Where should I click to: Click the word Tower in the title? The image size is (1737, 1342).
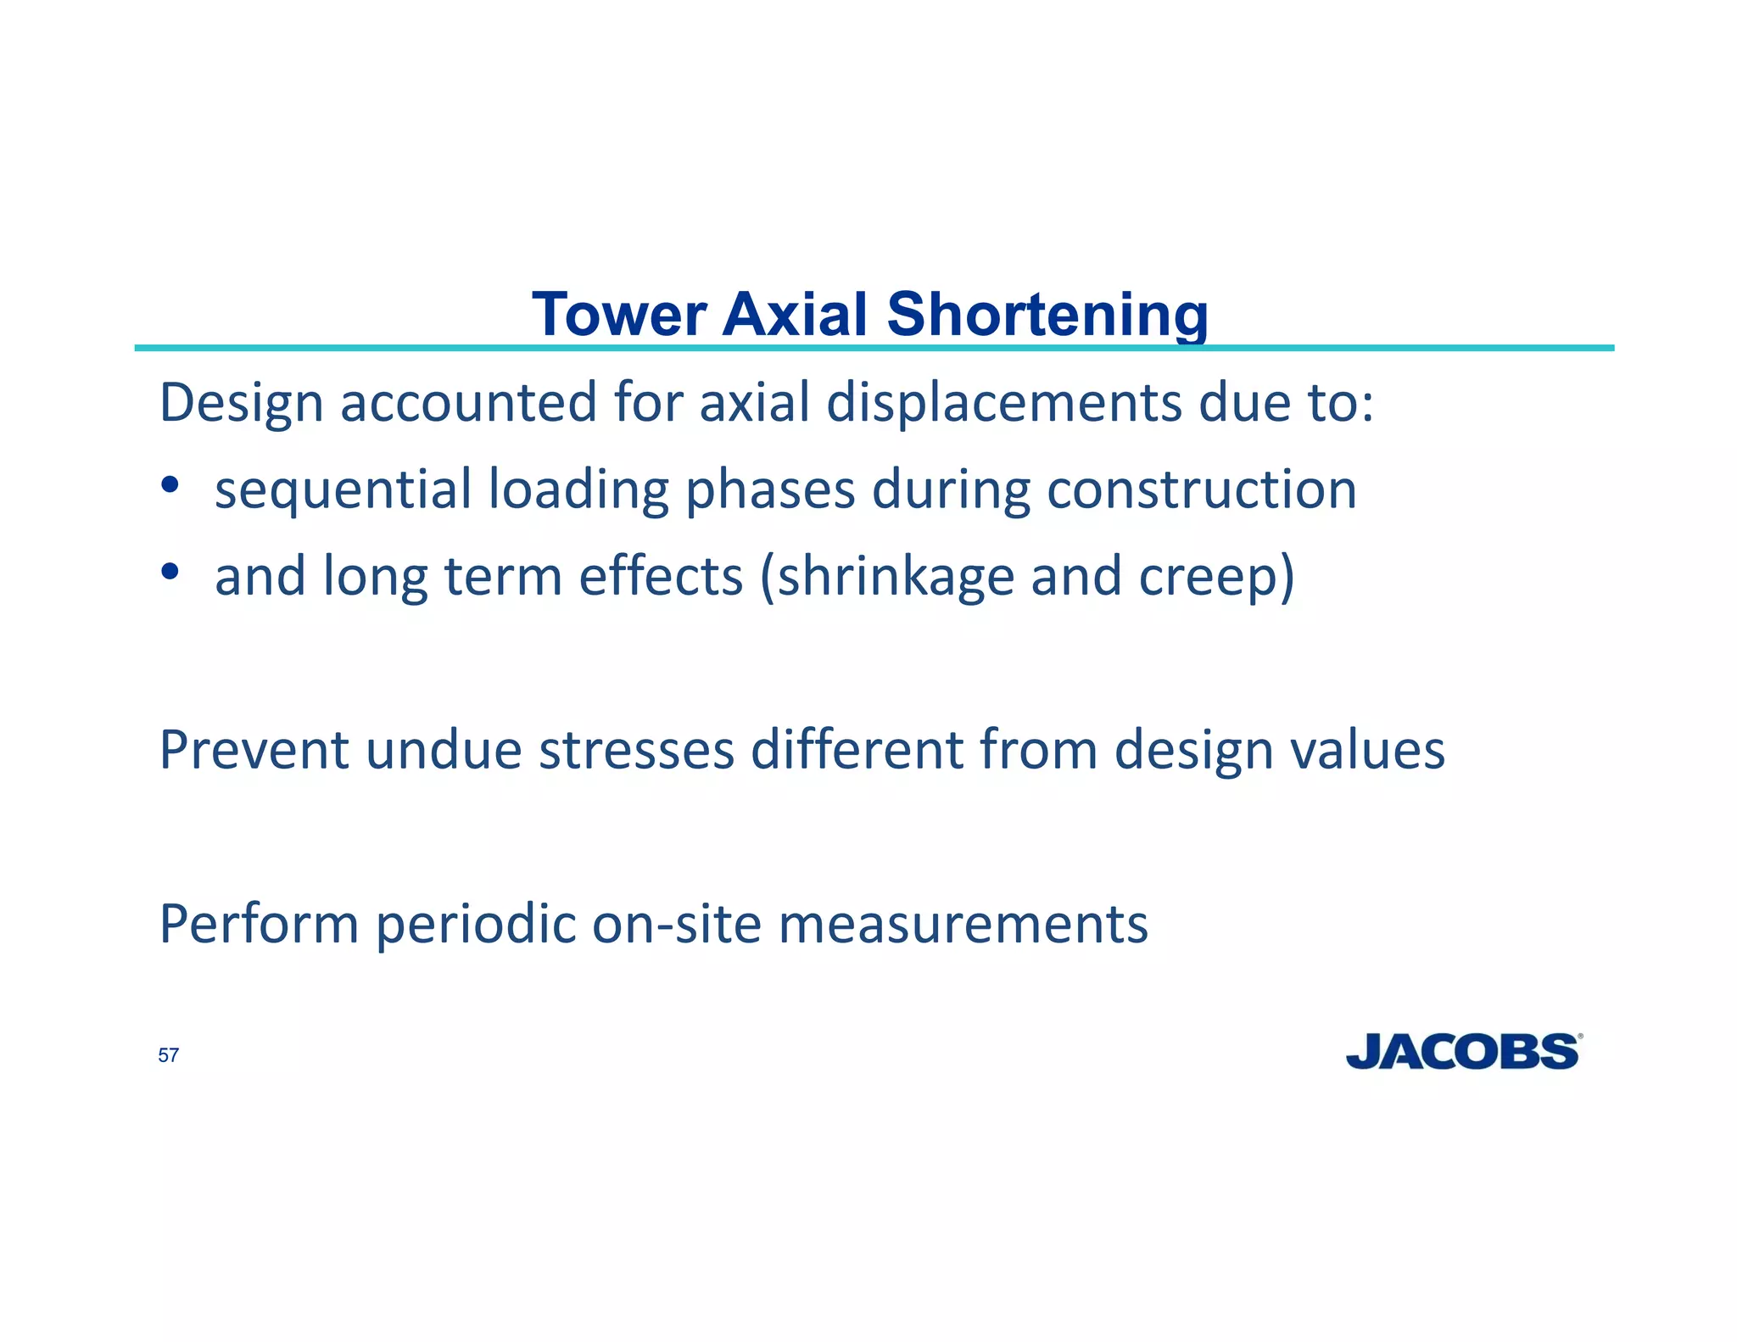pyautogui.click(x=619, y=315)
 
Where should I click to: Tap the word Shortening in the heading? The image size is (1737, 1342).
pyautogui.click(x=1047, y=315)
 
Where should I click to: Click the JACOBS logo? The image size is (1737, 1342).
pyautogui.click(x=1463, y=1052)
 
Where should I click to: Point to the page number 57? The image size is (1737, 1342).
pyautogui.click(x=168, y=1055)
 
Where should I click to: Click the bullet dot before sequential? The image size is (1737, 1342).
pyautogui.click(x=170, y=484)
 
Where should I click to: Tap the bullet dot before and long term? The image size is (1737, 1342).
pyautogui.click(x=170, y=571)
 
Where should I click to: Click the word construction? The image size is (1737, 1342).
pyautogui.click(x=1201, y=490)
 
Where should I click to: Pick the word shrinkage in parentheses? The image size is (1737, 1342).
pyautogui.click(x=895, y=578)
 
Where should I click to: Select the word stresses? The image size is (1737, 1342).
pyautogui.click(x=636, y=750)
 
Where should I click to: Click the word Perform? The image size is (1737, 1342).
pyautogui.click(x=259, y=924)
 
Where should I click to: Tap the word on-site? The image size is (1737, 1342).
pyautogui.click(x=676, y=924)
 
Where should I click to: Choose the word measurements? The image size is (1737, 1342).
pyautogui.click(x=963, y=924)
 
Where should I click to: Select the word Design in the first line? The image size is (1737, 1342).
pyautogui.click(x=241, y=404)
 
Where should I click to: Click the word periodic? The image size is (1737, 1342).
pyautogui.click(x=476, y=924)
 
